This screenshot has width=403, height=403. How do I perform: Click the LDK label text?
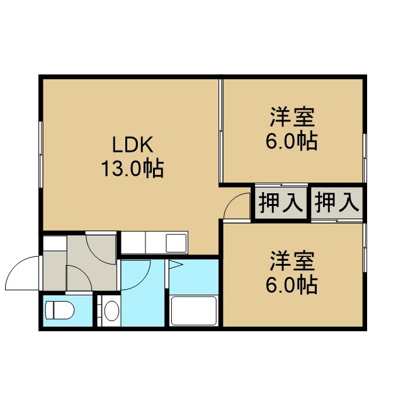(133, 144)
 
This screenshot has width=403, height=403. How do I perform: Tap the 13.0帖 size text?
(133, 169)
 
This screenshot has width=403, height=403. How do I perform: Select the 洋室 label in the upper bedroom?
(292, 117)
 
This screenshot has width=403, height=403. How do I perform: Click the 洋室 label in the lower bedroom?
(292, 261)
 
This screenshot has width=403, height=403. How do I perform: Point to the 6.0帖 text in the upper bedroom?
(292, 141)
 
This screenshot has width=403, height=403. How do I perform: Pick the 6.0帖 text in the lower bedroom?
(292, 285)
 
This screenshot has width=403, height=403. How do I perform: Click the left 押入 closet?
(280, 203)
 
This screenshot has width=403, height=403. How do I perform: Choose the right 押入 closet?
(337, 203)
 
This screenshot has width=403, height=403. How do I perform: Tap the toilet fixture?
(60, 310)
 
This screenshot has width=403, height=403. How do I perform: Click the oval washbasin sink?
(111, 310)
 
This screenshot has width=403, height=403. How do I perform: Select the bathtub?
(194, 311)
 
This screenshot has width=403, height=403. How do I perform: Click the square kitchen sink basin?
(176, 243)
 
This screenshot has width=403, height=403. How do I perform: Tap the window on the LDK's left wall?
(40, 154)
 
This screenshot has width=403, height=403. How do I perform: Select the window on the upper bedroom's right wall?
(365, 158)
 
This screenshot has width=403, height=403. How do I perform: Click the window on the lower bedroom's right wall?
(365, 247)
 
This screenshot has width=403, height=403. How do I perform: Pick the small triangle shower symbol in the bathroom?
(175, 264)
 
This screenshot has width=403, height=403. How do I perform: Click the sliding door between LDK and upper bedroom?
(220, 131)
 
